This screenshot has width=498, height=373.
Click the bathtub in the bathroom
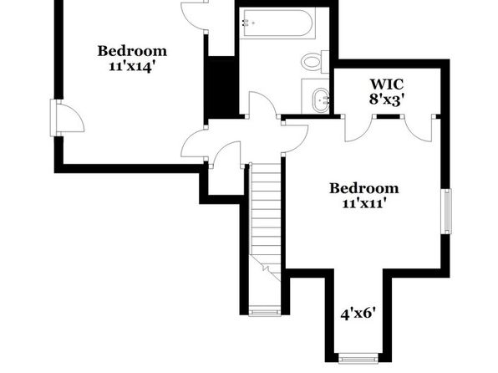pyautogui.click(x=277, y=23)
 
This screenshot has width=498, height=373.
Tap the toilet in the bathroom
pyautogui.click(x=315, y=62)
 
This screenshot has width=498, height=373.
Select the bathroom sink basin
pyautogui.click(x=321, y=100)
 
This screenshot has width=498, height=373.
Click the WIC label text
pyautogui.click(x=387, y=84)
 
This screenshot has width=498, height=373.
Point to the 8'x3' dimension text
pyautogui.click(x=388, y=100)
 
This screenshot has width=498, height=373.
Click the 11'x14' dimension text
pyautogui.click(x=132, y=66)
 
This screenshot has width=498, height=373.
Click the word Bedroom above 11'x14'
pyautogui.click(x=132, y=51)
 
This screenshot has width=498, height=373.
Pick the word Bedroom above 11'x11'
pyautogui.click(x=364, y=188)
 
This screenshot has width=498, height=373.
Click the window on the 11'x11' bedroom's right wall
pyautogui.click(x=447, y=212)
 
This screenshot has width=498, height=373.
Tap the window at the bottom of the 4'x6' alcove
pyautogui.click(x=358, y=359)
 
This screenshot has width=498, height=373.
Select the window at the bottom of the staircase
pyautogui.click(x=265, y=311)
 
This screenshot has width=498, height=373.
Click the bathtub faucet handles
pyautogui.click(x=246, y=23)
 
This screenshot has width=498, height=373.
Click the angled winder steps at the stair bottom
pyautogui.click(x=267, y=268)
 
